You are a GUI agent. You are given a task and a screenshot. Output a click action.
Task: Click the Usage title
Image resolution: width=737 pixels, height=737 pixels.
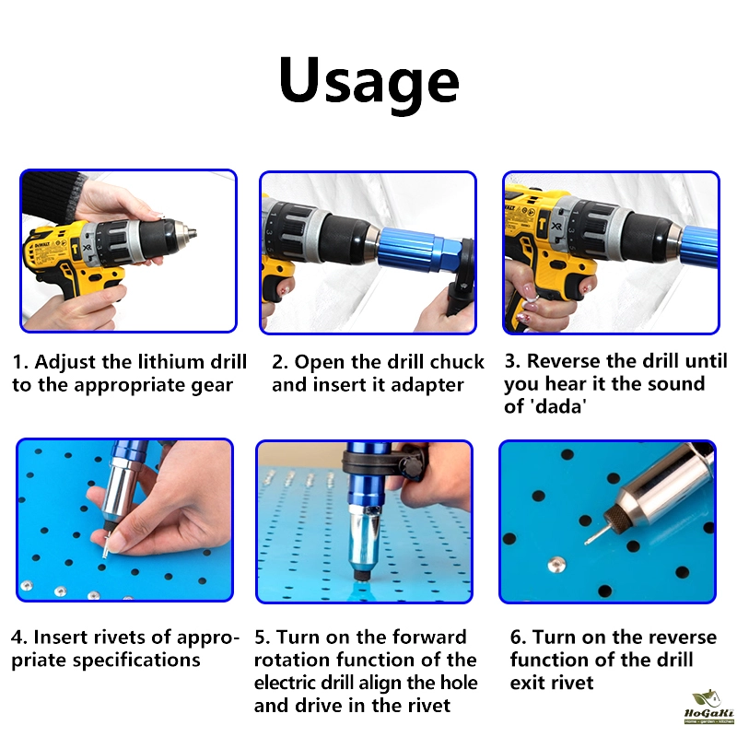(x=368, y=83)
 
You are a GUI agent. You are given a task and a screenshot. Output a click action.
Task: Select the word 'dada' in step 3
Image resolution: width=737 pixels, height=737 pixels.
(x=559, y=406)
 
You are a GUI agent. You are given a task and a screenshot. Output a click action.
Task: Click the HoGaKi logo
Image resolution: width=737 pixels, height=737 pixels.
(x=708, y=708)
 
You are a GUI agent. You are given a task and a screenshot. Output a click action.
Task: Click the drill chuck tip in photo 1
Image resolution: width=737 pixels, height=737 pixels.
(x=192, y=233)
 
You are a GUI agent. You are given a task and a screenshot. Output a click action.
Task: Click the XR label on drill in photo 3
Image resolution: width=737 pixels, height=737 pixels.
(x=556, y=227)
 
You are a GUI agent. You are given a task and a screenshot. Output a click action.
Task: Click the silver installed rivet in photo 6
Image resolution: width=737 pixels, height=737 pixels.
(x=556, y=564)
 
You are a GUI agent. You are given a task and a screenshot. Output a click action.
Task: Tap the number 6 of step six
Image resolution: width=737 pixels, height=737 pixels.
(x=517, y=638)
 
